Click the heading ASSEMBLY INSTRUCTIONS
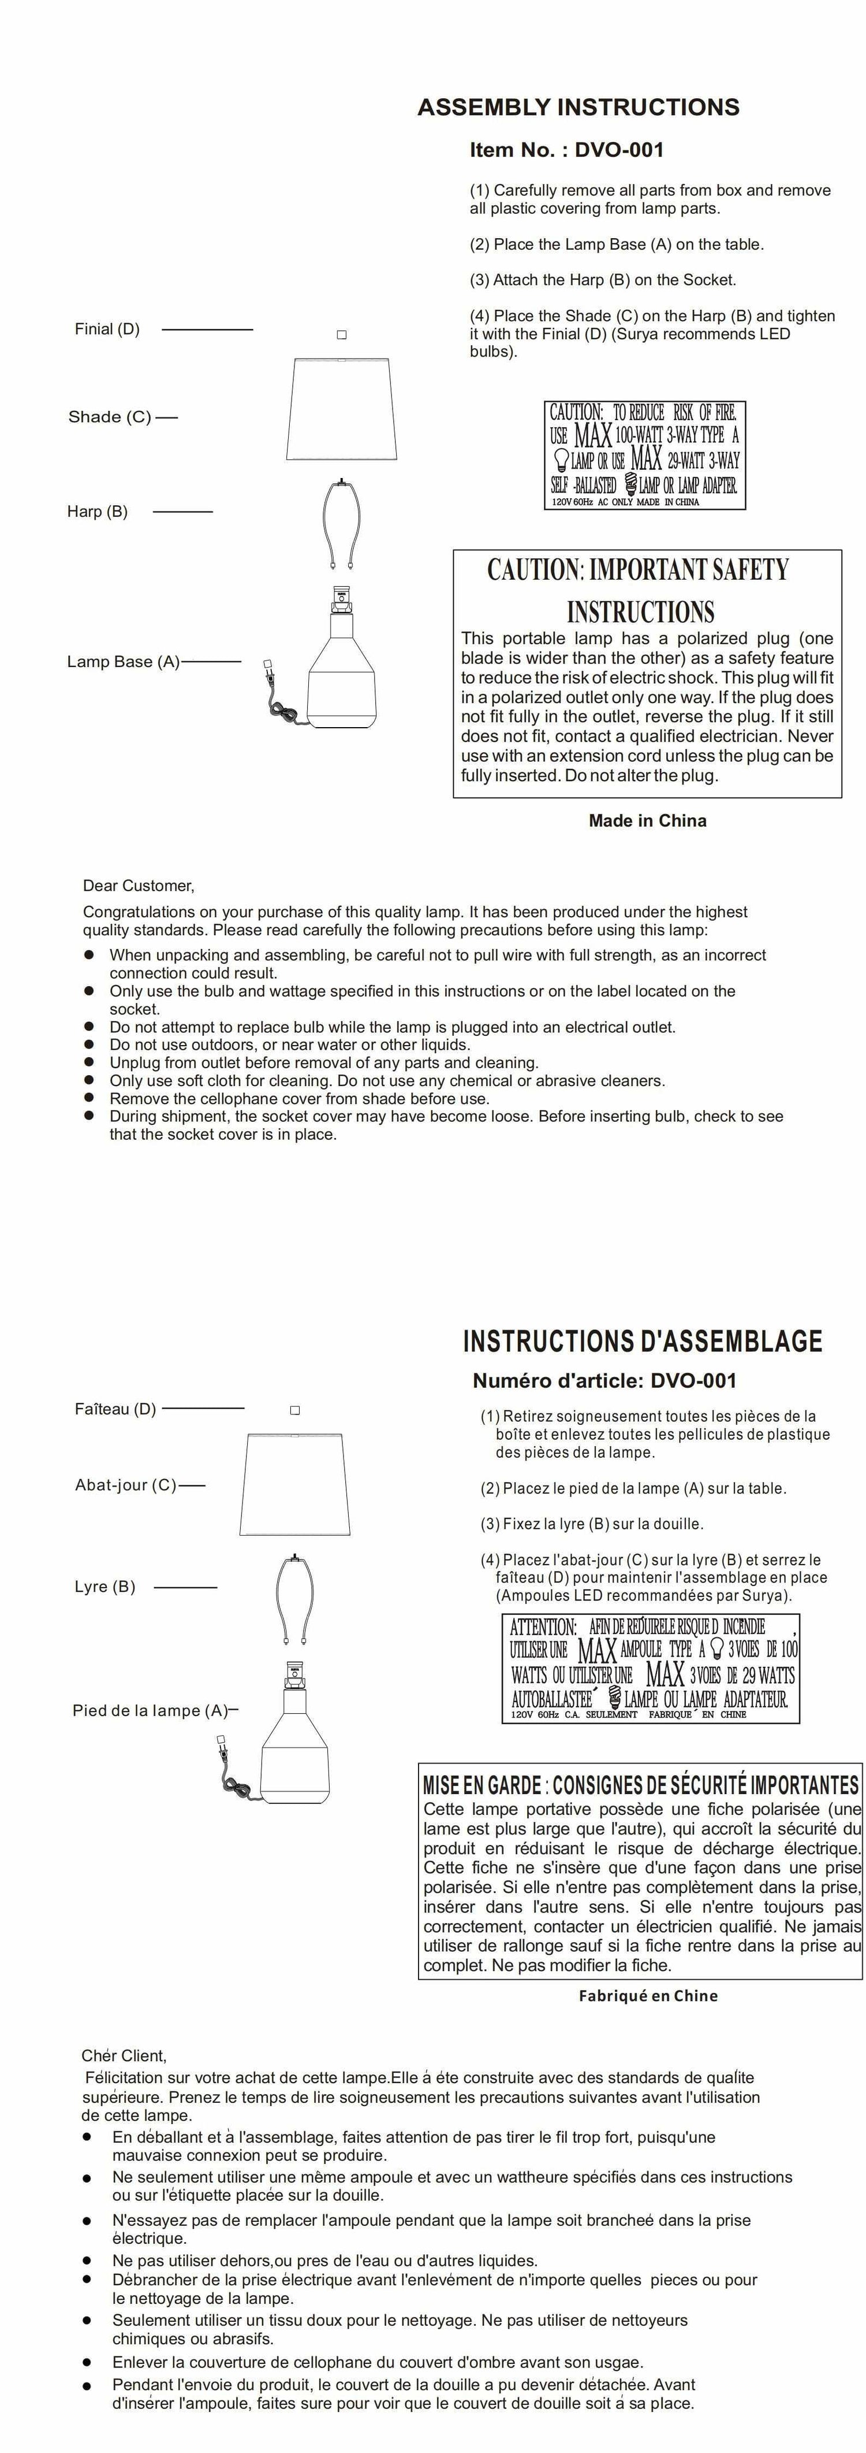click(578, 108)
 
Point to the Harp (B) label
click(97, 512)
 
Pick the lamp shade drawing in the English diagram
click(339, 409)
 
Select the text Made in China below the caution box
click(647, 821)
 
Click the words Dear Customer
click(138, 885)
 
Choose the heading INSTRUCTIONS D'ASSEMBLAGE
click(643, 1342)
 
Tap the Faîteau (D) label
click(115, 1409)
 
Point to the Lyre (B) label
click(104, 1587)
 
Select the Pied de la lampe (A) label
click(150, 1710)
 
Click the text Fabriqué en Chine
click(648, 1996)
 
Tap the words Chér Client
click(124, 2056)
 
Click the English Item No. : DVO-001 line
click(566, 150)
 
